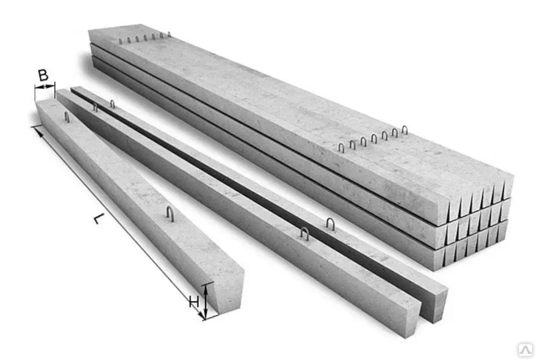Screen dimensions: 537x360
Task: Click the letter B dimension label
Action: coord(43,75)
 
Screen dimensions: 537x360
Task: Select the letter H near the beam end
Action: coord(194,302)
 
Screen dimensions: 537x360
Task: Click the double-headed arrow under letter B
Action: coord(45,87)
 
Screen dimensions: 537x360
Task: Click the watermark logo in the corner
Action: coord(525,350)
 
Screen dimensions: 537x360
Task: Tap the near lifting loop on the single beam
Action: coord(170,214)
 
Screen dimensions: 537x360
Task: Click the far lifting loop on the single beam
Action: coord(67,117)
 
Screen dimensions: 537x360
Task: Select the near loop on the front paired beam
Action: coord(304,233)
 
